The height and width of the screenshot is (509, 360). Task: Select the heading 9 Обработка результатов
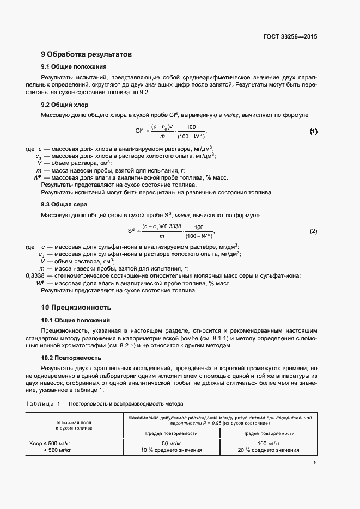click(x=87, y=54)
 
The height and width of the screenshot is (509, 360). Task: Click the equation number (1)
click(x=313, y=132)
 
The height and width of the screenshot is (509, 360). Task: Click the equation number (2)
click(x=313, y=231)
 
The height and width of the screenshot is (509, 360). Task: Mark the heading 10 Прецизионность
click(x=77, y=307)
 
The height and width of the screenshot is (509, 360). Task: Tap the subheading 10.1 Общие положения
click(x=76, y=320)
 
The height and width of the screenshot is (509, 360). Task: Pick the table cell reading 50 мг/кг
click(x=171, y=444)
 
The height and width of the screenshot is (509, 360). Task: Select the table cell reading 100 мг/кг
click(x=269, y=444)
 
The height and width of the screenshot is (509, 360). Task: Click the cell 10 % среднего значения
click(x=171, y=450)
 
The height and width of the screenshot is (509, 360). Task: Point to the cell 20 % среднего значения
click(x=269, y=450)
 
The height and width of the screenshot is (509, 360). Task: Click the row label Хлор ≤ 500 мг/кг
click(x=51, y=444)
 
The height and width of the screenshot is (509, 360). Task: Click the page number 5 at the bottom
click(x=315, y=463)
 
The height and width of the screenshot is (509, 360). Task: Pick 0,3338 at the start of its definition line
click(x=35, y=276)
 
